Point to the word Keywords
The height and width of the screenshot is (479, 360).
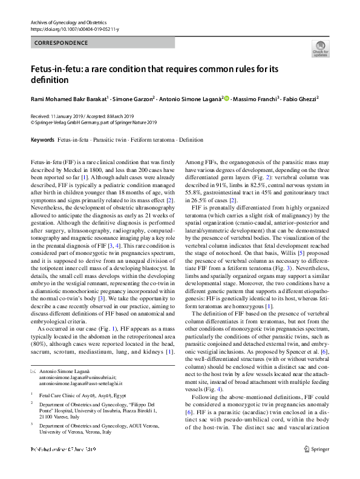(42, 140)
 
